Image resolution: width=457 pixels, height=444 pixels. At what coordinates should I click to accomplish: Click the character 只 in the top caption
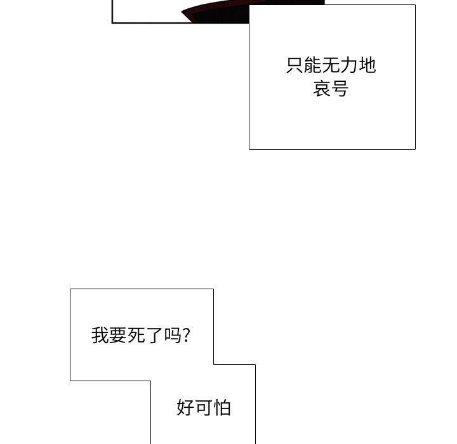tap(295, 65)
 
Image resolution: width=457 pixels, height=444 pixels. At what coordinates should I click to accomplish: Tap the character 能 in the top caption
tap(312, 65)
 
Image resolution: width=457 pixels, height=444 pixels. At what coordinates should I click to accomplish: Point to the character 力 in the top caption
tap(349, 65)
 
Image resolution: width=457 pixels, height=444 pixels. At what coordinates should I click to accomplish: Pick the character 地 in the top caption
tap(368, 65)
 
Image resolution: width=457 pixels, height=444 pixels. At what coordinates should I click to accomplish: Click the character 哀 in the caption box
tap(322, 88)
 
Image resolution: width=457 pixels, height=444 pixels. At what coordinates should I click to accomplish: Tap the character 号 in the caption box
tap(340, 88)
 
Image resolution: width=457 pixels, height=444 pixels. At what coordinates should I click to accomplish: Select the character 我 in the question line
tap(100, 335)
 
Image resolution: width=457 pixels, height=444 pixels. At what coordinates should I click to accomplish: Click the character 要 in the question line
tap(118, 335)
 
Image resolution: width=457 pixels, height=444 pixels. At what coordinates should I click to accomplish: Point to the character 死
tap(136, 335)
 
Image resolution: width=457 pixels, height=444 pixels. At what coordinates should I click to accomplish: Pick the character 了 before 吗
tap(154, 335)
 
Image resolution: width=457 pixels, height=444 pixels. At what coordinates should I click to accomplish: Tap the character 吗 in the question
tap(173, 335)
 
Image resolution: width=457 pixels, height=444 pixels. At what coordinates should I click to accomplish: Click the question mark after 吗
tap(187, 335)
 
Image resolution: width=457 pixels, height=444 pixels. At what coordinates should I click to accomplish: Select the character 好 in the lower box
tap(185, 407)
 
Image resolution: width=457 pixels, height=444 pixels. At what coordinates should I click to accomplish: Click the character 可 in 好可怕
tap(204, 407)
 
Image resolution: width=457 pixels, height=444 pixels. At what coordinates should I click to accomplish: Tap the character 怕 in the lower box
tap(222, 407)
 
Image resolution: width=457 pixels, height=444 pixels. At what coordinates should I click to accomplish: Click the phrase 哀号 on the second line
tap(331, 88)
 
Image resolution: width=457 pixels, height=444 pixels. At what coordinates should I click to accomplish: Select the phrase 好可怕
tap(204, 407)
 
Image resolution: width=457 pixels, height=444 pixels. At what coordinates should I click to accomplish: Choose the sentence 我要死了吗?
tap(141, 335)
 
